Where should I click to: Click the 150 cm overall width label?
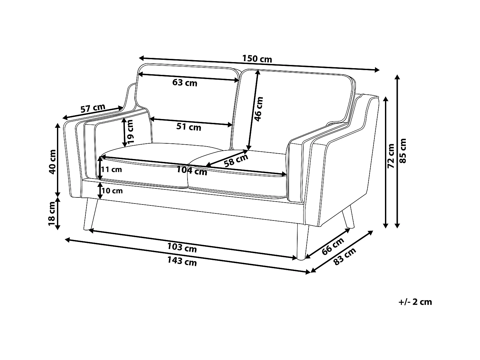tap(257, 59)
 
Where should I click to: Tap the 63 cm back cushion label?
tap(185, 83)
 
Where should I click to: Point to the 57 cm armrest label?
tap(92, 108)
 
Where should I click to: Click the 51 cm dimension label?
tap(189, 127)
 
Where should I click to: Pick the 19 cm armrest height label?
tap(130, 131)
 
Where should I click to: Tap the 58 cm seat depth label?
tap(236, 160)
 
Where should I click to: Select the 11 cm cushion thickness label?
tap(112, 169)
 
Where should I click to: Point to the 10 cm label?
tap(112, 191)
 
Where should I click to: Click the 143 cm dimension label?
tap(182, 261)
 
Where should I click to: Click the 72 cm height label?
tap(391, 156)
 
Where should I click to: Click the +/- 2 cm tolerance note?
tap(415, 302)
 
